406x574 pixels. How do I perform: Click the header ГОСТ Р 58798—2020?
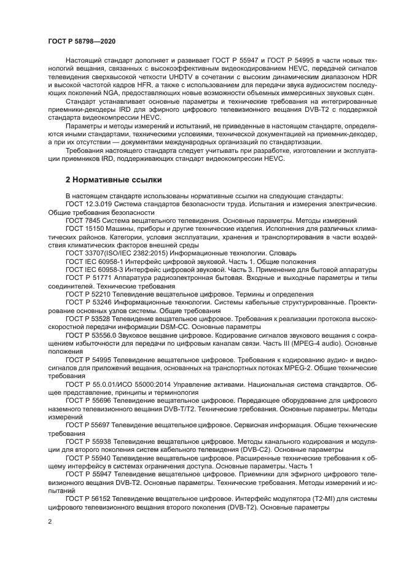pyautogui.click(x=81, y=41)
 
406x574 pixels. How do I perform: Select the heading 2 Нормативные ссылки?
pyautogui.click(x=114, y=180)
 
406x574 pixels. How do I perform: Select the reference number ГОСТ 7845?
pyautogui.click(x=85, y=220)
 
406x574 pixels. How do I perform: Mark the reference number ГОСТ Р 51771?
pyautogui.click(x=90, y=277)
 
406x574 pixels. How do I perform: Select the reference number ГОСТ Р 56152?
pyautogui.click(x=90, y=498)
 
